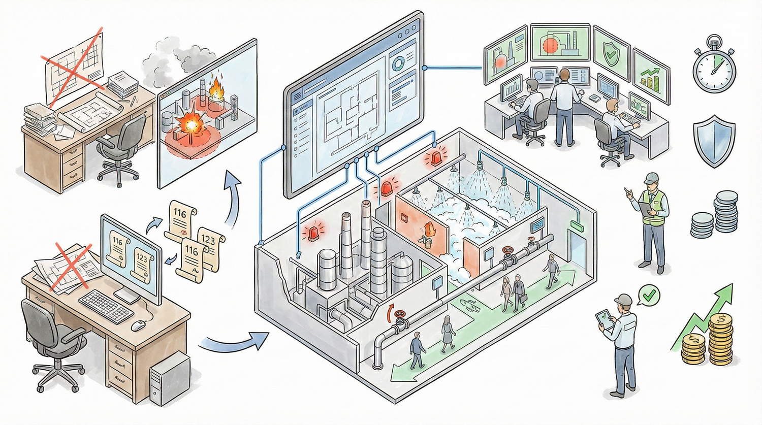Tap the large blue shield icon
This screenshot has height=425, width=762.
[x=714, y=141]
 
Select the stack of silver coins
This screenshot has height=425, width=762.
[x=714, y=213]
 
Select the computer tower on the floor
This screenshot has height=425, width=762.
[x=170, y=378]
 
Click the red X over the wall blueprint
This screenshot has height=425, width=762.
[x=71, y=61]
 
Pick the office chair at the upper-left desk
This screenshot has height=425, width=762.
[x=119, y=147]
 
